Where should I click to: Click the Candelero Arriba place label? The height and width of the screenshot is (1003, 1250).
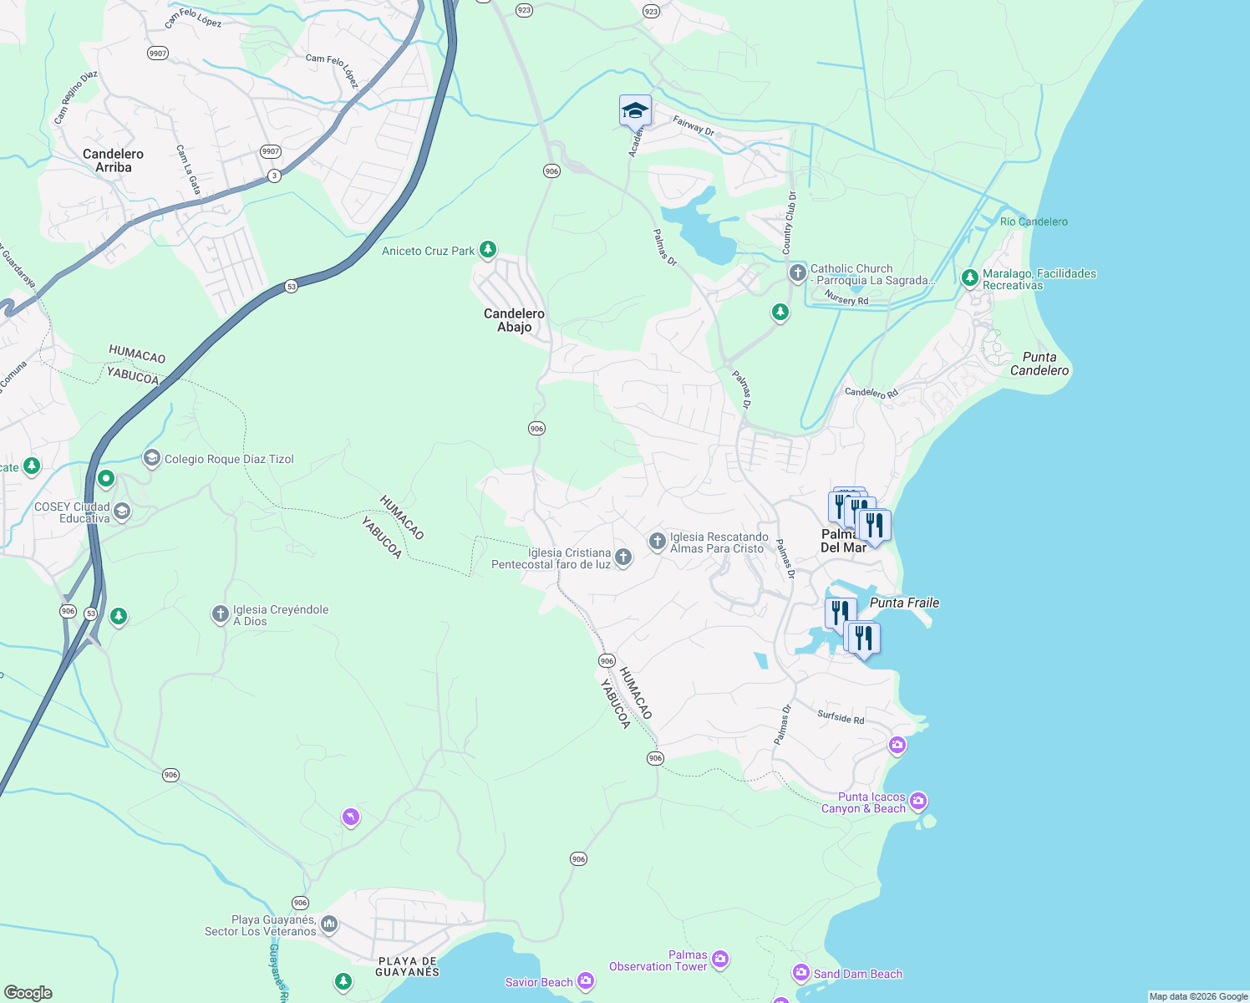click(x=113, y=160)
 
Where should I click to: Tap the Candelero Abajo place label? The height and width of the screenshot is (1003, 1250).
click(x=514, y=320)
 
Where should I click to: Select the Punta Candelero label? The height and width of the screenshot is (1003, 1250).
click(x=1039, y=364)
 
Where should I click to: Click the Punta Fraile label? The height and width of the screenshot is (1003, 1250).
click(x=904, y=603)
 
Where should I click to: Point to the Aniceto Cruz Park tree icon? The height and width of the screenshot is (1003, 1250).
click(x=488, y=249)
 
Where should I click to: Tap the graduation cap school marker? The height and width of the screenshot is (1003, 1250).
click(x=635, y=110)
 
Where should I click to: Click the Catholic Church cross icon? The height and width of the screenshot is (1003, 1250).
click(x=798, y=272)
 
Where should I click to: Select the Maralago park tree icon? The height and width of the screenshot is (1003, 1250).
click(x=969, y=277)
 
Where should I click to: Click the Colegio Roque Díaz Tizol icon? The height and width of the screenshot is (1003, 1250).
click(x=151, y=457)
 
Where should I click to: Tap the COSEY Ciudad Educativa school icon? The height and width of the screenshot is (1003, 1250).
click(x=122, y=512)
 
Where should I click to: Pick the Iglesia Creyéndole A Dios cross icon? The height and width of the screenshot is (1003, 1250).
click(x=221, y=614)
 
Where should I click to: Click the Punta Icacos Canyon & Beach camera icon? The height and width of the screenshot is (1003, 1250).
click(x=918, y=802)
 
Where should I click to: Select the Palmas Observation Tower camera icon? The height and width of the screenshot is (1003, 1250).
click(x=720, y=960)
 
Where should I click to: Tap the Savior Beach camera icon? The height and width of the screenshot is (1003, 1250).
click(x=586, y=980)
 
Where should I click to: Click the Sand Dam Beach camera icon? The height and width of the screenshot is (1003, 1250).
click(x=801, y=972)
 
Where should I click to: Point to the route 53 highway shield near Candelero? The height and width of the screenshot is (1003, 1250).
click(x=291, y=286)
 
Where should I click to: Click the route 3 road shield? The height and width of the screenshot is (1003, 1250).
click(x=274, y=176)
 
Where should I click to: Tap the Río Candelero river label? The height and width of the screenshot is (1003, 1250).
click(x=1034, y=221)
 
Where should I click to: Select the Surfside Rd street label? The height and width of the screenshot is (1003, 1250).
click(x=841, y=717)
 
